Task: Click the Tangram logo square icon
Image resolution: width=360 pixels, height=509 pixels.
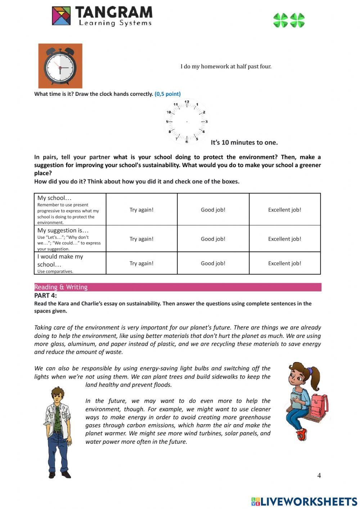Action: click(61, 16)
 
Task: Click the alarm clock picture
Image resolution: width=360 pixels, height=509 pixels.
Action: click(60, 66)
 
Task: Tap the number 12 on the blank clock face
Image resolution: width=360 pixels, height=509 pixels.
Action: click(187, 102)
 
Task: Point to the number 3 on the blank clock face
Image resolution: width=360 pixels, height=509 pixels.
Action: click(206, 122)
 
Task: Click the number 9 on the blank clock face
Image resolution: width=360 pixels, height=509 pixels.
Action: click(167, 122)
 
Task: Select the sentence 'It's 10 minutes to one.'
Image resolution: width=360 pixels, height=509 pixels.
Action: click(244, 143)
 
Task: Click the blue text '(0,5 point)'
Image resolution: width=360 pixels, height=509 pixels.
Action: click(167, 94)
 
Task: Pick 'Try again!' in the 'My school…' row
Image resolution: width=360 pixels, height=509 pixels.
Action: click(141, 210)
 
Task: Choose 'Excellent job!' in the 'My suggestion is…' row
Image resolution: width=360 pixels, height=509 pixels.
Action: click(284, 239)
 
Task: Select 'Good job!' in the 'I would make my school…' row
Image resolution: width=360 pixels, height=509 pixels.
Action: click(213, 263)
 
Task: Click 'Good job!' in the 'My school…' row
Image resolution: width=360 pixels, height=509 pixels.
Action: click(213, 210)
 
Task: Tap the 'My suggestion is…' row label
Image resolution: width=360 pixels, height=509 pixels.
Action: click(63, 231)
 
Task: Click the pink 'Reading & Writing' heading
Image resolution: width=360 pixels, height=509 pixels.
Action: click(61, 287)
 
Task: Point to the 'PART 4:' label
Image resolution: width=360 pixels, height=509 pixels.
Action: click(45, 295)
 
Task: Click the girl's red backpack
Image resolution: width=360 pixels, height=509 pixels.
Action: click(318, 405)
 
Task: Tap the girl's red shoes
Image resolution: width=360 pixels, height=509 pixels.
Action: click(302, 434)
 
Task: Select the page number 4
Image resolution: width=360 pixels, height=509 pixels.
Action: click(319, 475)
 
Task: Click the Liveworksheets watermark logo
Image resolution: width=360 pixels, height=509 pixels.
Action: click(304, 501)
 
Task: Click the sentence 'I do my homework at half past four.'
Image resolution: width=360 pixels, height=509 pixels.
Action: click(226, 66)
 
